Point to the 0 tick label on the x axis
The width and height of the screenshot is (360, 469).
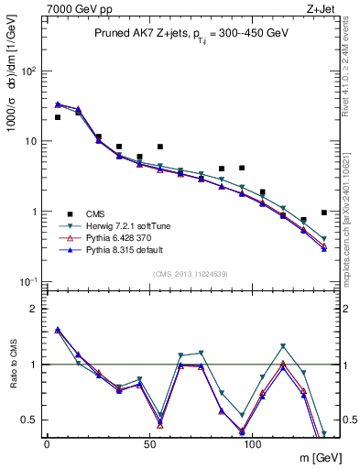click(x=47, y=443)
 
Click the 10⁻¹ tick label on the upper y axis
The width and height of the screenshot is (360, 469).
click(x=27, y=281)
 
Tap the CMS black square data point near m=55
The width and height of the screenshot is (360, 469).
click(x=160, y=147)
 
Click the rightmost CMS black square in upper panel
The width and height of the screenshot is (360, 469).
click(x=324, y=213)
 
